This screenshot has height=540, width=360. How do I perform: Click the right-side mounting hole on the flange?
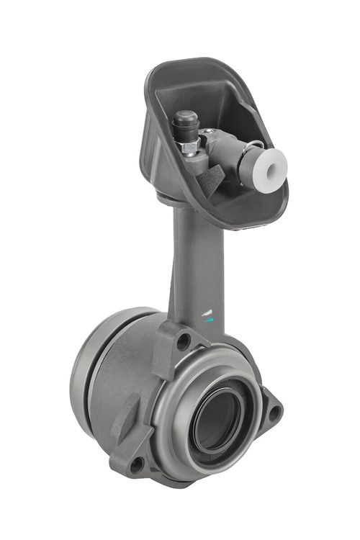pos(274,412)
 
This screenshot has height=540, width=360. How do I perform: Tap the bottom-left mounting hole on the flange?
pos(135,464)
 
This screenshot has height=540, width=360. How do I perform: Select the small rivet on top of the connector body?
pos(209,131)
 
